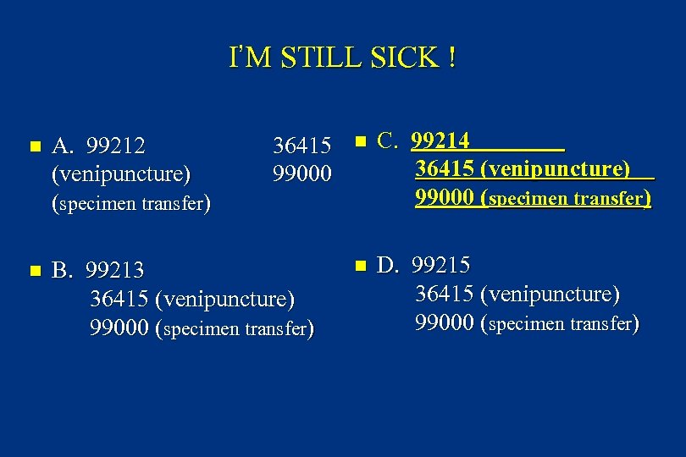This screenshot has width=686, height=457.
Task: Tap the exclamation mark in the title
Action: click(x=453, y=58)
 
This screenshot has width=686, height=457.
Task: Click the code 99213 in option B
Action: click(x=116, y=271)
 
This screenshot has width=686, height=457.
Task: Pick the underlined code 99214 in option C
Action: click(x=440, y=140)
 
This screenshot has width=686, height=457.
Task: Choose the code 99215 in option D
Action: click(x=441, y=265)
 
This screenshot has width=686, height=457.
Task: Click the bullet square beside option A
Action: click(x=34, y=147)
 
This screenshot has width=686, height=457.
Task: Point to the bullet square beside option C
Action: click(x=359, y=140)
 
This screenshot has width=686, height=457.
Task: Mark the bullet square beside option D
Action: click(x=359, y=266)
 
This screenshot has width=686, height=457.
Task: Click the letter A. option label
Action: click(x=62, y=146)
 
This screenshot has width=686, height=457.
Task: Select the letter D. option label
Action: click(x=387, y=265)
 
